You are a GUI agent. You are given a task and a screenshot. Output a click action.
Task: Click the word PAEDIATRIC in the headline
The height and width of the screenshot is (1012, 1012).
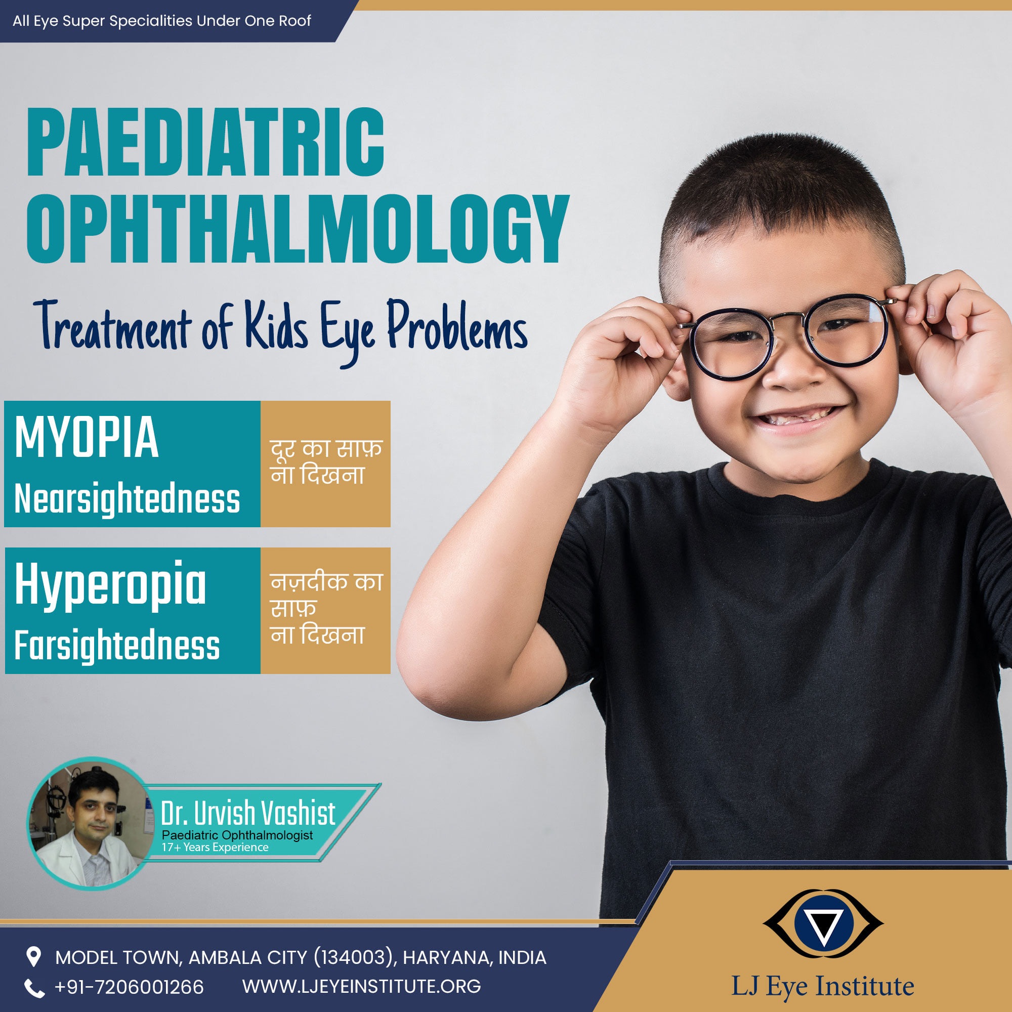[205, 142]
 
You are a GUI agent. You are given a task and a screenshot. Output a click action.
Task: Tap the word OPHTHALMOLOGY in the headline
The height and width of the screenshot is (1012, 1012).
[298, 229]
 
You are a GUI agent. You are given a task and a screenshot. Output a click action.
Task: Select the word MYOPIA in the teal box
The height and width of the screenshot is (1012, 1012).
[87, 437]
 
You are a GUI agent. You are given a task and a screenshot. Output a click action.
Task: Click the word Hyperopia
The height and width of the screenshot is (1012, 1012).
[110, 585]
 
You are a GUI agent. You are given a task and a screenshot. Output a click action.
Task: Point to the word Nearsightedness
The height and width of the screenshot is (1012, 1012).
[128, 499]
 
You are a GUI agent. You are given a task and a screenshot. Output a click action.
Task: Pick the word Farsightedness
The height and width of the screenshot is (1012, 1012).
[117, 645]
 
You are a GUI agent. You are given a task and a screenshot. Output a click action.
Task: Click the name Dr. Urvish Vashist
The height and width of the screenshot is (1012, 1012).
[248, 814]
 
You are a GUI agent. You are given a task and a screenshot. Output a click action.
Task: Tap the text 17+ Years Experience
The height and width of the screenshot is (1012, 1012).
[215, 848]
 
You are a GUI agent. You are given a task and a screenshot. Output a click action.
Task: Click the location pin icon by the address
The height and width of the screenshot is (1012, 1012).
[33, 957]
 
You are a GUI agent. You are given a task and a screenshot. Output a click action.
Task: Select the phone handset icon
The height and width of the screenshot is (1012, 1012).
[34, 988]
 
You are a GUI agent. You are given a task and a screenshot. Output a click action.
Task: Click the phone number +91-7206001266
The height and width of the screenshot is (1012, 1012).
[129, 987]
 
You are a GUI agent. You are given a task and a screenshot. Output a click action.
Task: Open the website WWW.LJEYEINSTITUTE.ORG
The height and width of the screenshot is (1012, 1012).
[361, 986]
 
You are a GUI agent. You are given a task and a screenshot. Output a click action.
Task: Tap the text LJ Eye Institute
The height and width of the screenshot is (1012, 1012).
[822, 986]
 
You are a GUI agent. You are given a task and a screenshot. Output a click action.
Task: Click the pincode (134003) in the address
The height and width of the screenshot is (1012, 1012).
[354, 957]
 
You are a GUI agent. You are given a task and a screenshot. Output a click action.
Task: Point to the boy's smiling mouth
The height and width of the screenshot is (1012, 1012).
[797, 416]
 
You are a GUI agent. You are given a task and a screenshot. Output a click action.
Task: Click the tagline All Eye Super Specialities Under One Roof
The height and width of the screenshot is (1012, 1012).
[162, 21]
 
